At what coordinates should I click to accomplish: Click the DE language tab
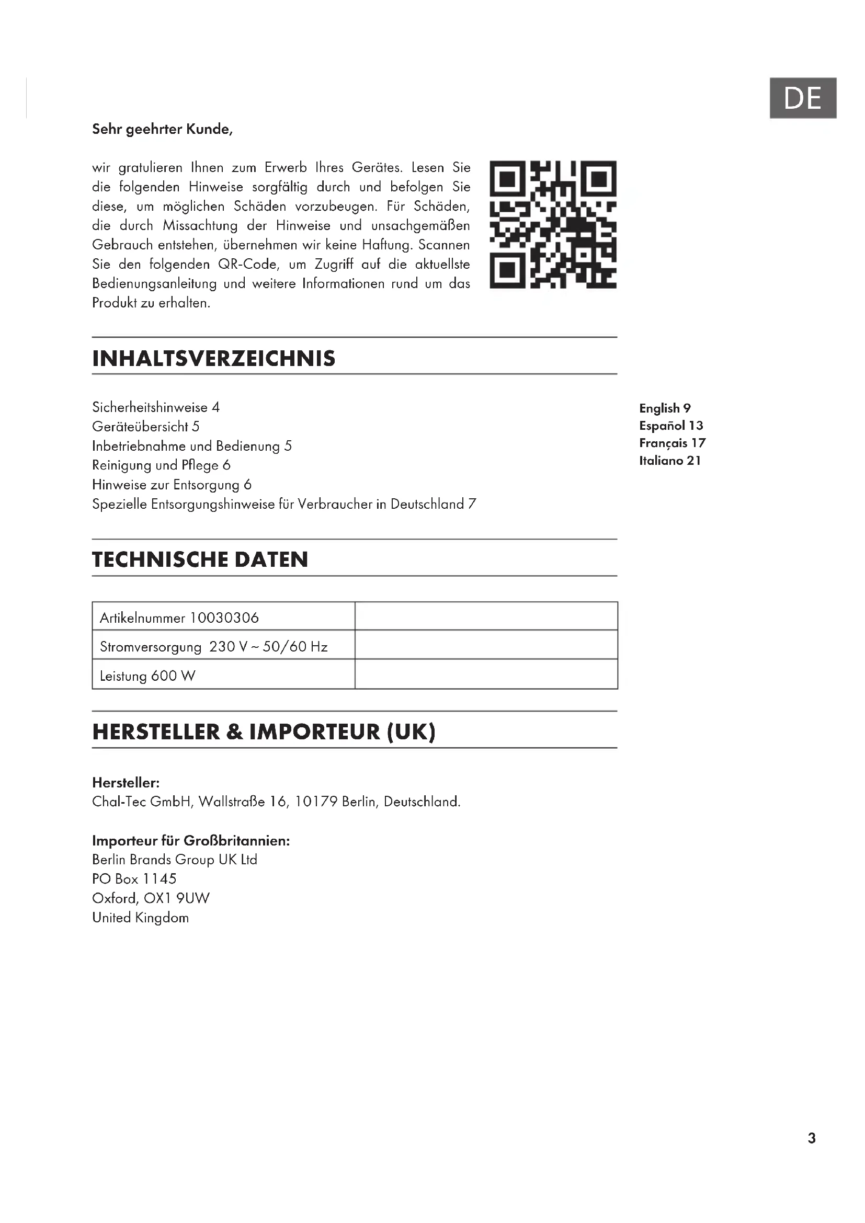coord(802,98)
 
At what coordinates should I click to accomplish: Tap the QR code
coord(553,224)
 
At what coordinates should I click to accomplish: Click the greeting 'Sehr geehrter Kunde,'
coord(163,130)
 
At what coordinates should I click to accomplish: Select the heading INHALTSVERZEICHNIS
coord(213,359)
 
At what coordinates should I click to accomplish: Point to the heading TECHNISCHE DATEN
coord(200,559)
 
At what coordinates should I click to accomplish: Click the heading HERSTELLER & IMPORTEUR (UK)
coord(264,732)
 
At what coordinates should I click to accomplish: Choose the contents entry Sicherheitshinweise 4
coord(155,407)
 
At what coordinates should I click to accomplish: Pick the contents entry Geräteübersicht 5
coord(145,427)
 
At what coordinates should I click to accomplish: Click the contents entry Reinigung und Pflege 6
coord(161,465)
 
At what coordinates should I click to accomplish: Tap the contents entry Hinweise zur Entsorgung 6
coord(172,485)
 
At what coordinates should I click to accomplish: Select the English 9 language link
coord(665,408)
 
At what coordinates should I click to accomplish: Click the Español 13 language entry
coord(671,426)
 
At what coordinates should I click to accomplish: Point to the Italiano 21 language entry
coord(670,461)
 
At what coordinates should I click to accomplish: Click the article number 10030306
coord(224,618)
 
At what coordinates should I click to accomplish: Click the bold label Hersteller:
coord(126,783)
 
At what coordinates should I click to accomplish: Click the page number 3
coord(811,1138)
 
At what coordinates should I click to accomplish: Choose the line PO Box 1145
coord(134,879)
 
